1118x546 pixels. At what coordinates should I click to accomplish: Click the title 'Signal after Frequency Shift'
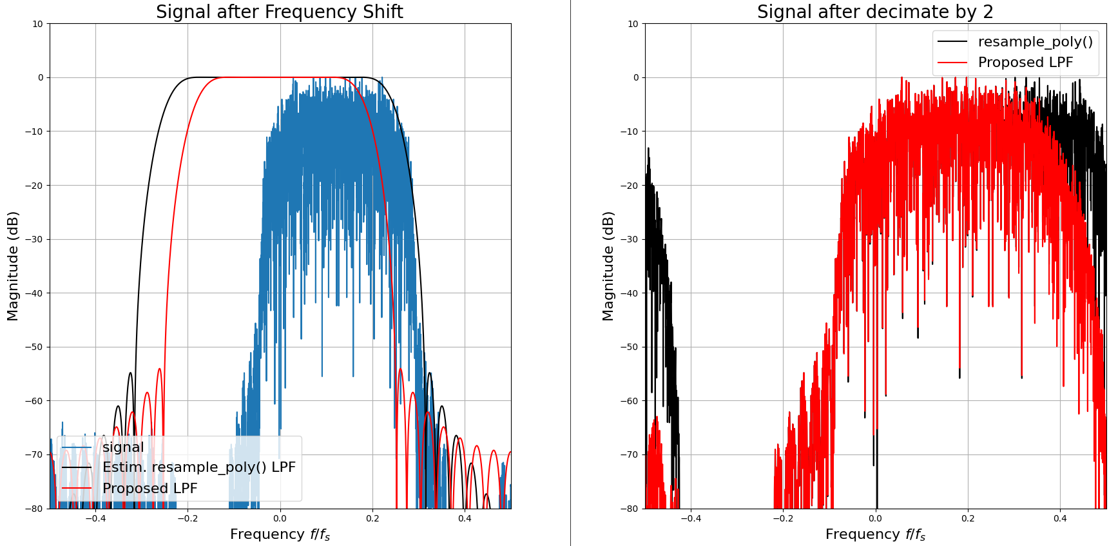[x=280, y=12]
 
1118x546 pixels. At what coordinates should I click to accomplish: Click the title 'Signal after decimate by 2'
[x=875, y=12]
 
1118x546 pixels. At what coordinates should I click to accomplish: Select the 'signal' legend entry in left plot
[x=123, y=447]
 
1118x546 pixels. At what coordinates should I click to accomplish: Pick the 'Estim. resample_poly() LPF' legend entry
[x=198, y=467]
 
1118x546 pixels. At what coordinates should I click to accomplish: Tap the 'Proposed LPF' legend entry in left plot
[x=149, y=489]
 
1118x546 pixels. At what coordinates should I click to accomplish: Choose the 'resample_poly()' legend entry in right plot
[x=1035, y=42]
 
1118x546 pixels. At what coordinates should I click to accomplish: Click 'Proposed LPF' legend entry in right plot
[x=1025, y=63]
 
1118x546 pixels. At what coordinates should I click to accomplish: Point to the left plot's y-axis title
[x=13, y=266]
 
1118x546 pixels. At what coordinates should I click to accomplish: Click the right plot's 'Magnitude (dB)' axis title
[x=608, y=266]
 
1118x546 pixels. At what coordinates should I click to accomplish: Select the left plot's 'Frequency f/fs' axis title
[x=280, y=534]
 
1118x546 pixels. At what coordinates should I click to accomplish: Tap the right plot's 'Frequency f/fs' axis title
[x=875, y=534]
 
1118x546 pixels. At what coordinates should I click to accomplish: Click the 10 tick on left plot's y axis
[x=37, y=24]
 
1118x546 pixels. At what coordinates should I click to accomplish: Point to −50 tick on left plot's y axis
[x=35, y=347]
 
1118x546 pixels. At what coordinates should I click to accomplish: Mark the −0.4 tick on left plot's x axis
[x=95, y=518]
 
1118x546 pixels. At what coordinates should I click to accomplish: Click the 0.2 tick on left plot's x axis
[x=372, y=518]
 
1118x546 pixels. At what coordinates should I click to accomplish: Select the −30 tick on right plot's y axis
[x=630, y=239]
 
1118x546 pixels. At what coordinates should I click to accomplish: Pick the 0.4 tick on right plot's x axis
[x=1060, y=518]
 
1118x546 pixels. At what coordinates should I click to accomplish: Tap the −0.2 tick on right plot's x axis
[x=783, y=518]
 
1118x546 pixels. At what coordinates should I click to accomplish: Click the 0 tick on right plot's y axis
[x=635, y=77]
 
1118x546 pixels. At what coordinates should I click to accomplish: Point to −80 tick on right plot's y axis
[x=630, y=509]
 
